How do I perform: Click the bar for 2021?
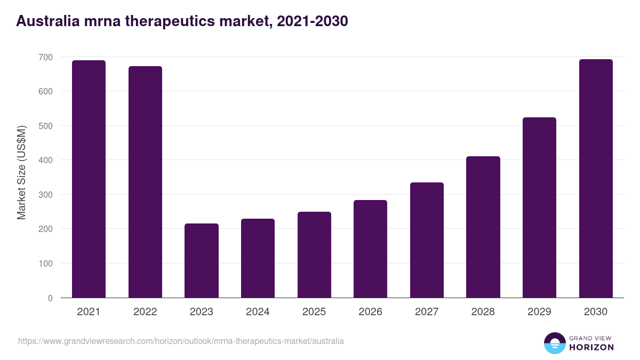[x=89, y=179]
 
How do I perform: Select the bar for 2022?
[x=145, y=182]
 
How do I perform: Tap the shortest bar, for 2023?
[x=202, y=260]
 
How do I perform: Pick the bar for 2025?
[x=314, y=254]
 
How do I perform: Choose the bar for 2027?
[x=427, y=240]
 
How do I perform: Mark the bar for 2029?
[x=539, y=207]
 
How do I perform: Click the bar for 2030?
[x=596, y=179]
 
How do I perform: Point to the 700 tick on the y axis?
[x=46, y=57]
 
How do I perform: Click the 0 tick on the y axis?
[x=50, y=298]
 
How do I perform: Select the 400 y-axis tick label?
[x=46, y=160]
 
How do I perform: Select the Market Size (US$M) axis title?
[x=21, y=172]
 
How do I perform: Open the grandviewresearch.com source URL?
[x=181, y=341]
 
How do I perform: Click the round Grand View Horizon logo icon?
[x=555, y=343]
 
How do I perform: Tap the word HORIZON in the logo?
[x=591, y=347]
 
